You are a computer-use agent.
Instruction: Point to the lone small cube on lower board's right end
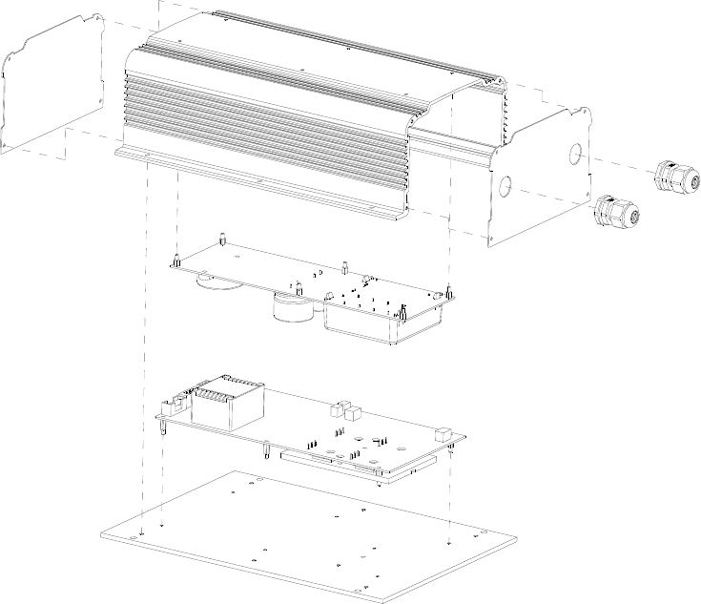pos(443,434)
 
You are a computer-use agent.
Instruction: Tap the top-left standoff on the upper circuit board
pos(221,239)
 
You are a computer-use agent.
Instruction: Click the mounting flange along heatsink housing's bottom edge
pos(258,181)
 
